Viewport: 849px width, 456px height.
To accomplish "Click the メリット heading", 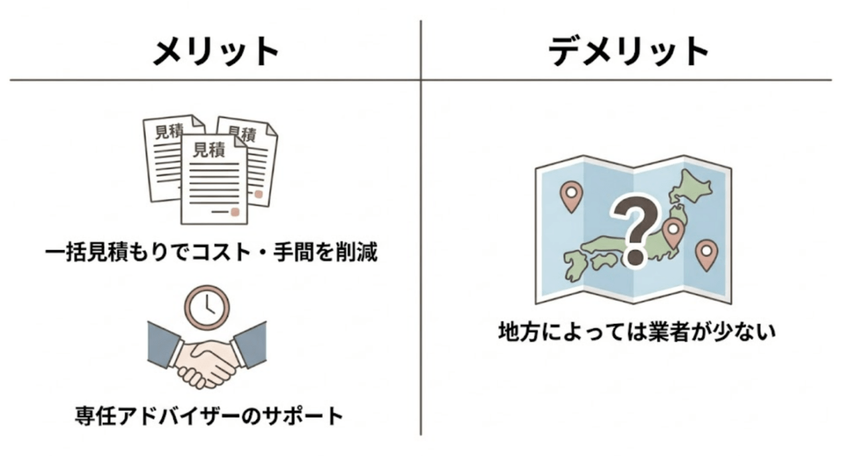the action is coord(216,52).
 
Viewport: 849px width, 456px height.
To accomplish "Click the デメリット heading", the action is coord(629,52).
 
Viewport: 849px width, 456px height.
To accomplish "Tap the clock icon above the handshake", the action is coord(207,308).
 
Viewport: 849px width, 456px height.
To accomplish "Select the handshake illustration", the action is coord(207,355).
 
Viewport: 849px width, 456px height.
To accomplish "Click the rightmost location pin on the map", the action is coord(706,255).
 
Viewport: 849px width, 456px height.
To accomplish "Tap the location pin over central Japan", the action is coord(673,233).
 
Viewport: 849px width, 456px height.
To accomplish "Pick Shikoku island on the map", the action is coord(604,260).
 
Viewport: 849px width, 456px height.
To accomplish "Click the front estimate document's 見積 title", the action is coord(209,150).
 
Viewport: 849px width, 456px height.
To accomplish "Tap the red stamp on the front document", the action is coord(235,211).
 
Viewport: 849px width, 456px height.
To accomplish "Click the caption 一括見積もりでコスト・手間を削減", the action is coord(212,253).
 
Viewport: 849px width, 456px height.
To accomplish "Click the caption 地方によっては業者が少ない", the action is coord(637,332).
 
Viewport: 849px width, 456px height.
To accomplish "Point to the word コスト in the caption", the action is coord(221,253).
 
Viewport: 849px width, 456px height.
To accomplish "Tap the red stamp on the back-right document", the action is coord(259,194).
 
